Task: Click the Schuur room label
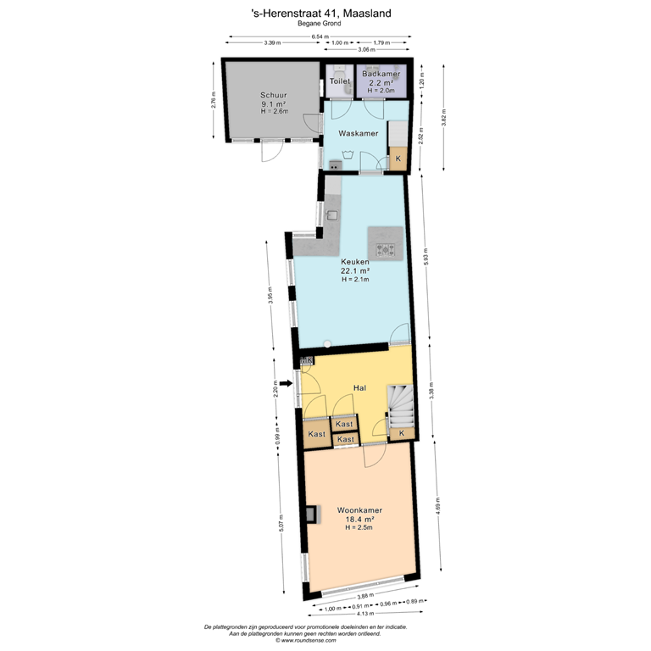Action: (274, 96)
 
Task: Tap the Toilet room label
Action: (339, 81)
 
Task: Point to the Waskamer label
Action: (358, 134)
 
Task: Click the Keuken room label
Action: (356, 262)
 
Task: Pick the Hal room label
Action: (359, 388)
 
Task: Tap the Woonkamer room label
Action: (359, 510)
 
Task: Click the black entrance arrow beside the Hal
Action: (286, 383)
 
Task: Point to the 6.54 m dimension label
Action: (320, 37)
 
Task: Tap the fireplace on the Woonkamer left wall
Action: (313, 513)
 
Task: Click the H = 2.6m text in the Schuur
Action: (274, 111)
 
